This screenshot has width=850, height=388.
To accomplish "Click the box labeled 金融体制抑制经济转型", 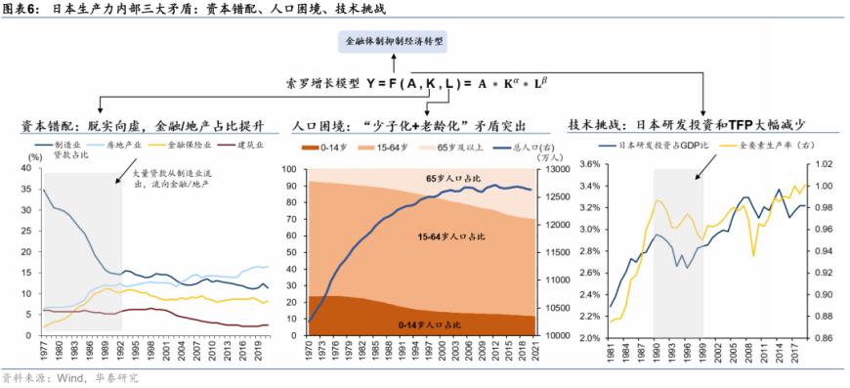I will pyautogui.click(x=394, y=43).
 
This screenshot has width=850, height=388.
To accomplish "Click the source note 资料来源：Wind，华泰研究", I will pyautogui.click(x=70, y=377).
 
